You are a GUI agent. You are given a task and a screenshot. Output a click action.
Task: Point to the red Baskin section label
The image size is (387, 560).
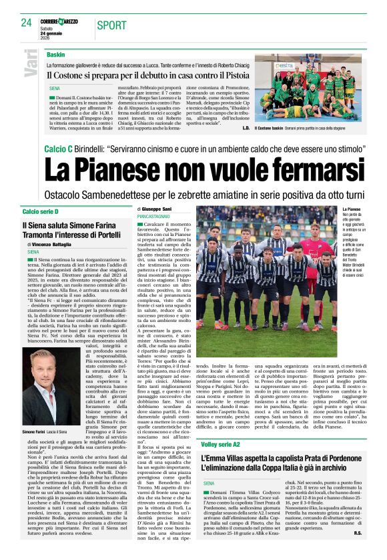(56, 53)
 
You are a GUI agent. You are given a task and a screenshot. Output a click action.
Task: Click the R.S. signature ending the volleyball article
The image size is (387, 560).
(357, 551)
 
